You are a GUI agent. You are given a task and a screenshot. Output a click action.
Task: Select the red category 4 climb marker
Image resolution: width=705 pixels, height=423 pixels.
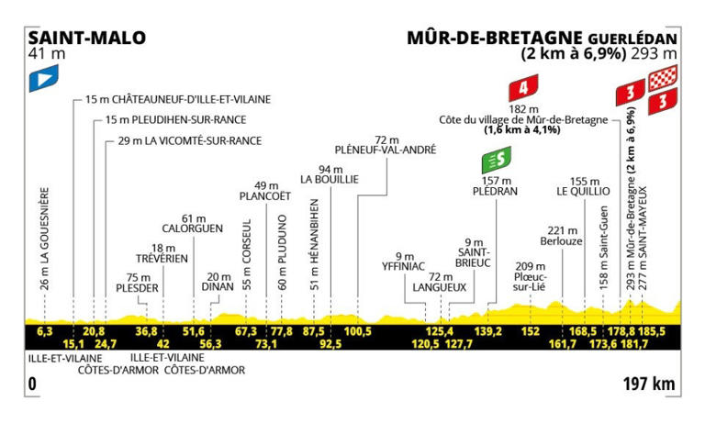(x=524, y=90)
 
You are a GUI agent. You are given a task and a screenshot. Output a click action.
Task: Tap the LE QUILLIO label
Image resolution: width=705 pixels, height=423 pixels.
(x=583, y=192)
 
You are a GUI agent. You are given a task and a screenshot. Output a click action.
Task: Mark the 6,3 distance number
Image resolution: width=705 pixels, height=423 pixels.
(x=43, y=331)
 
